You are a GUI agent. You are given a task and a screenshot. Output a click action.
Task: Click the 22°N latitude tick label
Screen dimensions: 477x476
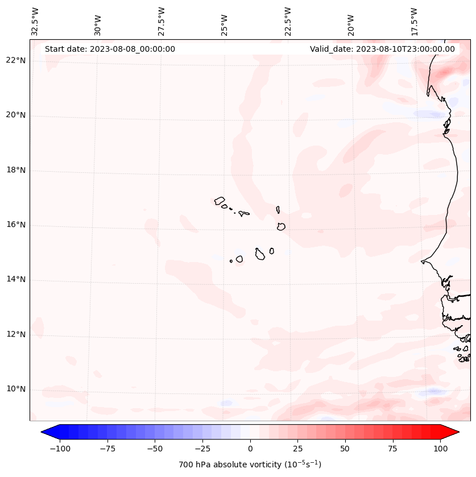pos(16,61)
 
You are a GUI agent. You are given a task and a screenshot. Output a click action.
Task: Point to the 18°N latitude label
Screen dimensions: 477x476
pos(16,170)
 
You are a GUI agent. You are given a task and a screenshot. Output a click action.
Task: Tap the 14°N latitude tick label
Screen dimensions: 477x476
pos(16,279)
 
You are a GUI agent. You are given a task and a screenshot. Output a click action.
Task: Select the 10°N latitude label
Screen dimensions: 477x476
pos(16,389)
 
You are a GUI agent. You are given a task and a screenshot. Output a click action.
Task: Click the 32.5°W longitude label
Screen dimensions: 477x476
pos(35,22)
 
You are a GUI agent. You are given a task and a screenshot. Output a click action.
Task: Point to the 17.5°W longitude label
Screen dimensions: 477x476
pos(414,22)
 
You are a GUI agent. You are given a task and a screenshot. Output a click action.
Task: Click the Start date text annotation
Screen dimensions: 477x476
pos(110,49)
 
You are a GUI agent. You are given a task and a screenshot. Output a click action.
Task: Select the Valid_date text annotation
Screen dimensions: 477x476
pos(382,49)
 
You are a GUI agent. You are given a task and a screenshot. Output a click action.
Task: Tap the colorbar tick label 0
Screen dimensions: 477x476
pos(250,449)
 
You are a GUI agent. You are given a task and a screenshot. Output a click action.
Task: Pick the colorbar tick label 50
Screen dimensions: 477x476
pos(345,449)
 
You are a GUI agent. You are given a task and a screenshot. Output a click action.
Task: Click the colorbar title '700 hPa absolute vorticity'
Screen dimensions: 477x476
pos(250,464)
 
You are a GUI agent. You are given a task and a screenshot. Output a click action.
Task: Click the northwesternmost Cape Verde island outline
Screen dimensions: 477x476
pos(220,201)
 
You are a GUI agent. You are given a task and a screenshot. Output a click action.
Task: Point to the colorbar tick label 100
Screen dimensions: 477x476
pos(440,449)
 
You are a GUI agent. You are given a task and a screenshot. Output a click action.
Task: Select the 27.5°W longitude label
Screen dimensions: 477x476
pos(162,22)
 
